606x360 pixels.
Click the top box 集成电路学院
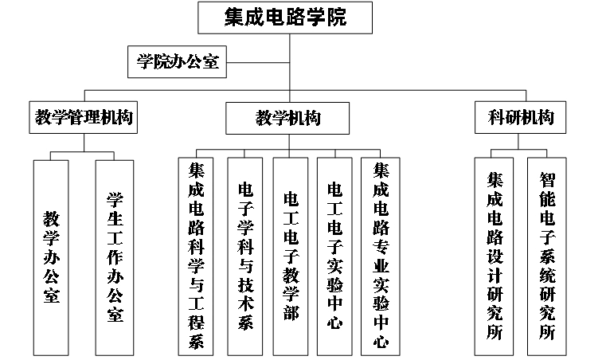[x=286, y=17]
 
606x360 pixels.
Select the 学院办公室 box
[x=176, y=61]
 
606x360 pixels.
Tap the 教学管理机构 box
[x=84, y=119]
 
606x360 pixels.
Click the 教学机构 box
[x=288, y=119]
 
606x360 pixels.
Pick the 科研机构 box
[x=520, y=119]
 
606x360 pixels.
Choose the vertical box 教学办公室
[x=52, y=257]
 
